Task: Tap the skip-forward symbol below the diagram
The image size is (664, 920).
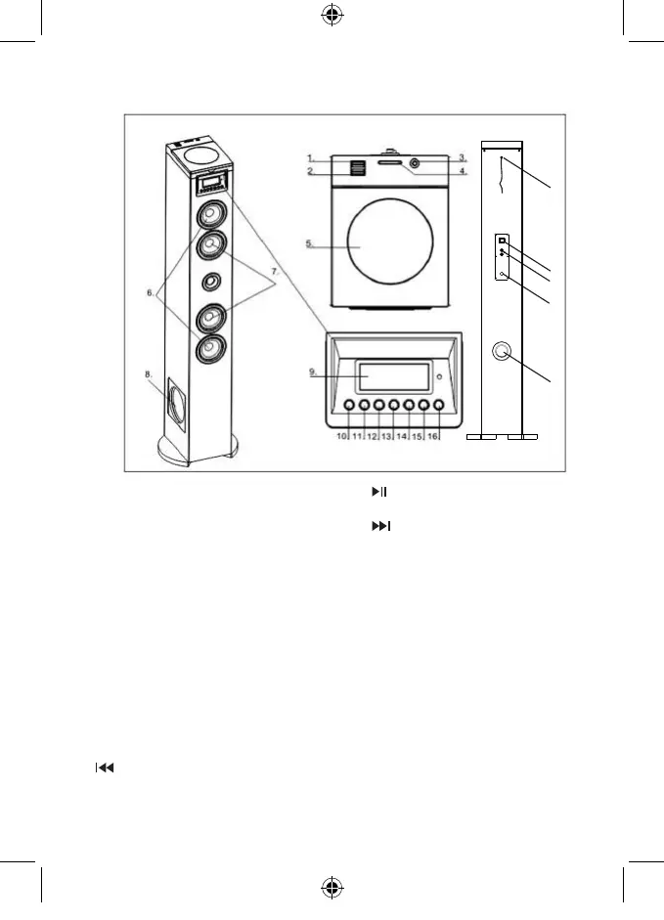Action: tap(379, 527)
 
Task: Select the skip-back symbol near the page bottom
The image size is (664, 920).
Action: tap(104, 768)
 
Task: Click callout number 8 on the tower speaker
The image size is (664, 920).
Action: tap(148, 373)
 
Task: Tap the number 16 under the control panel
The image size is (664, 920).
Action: tap(432, 436)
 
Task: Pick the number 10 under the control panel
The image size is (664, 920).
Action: tap(342, 436)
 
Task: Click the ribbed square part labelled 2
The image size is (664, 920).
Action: tap(356, 168)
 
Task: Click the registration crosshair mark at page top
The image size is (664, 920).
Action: tap(332, 17)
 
